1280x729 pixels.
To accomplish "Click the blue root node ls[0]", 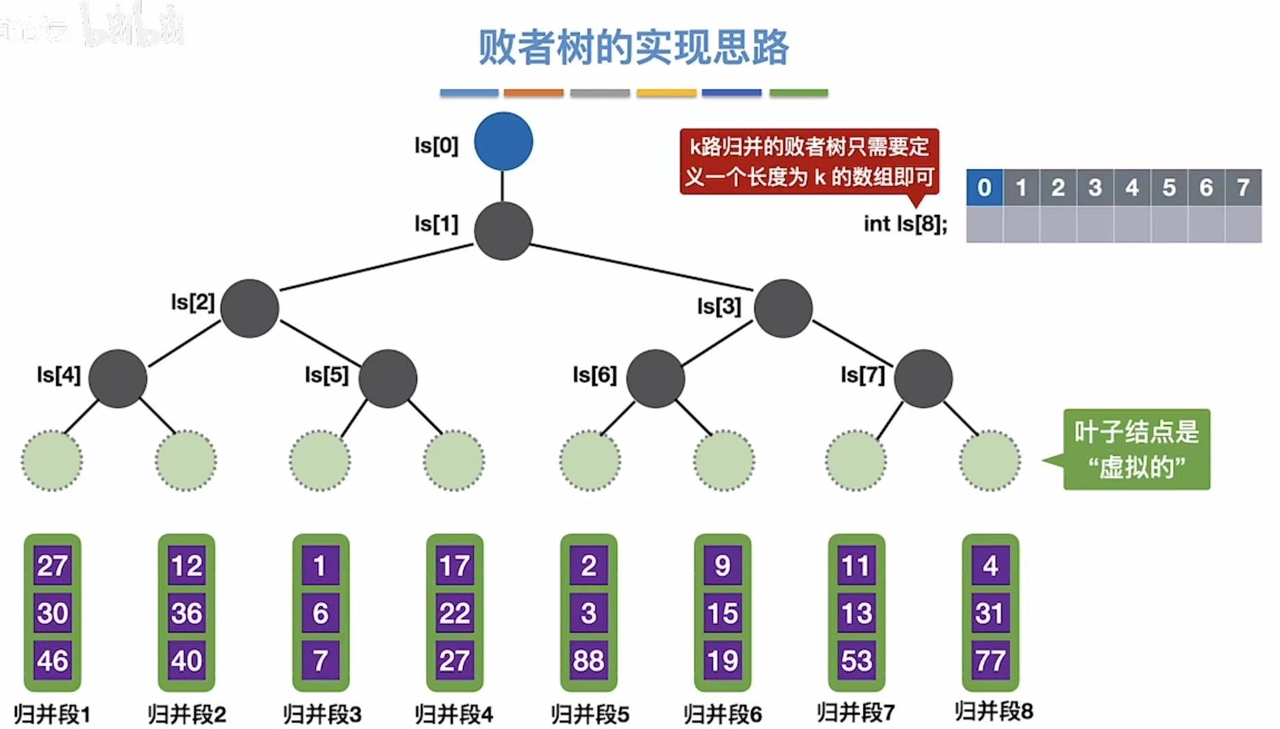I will point(503,141).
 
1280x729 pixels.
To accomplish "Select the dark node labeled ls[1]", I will point(503,231).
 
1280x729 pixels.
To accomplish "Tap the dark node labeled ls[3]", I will point(783,308).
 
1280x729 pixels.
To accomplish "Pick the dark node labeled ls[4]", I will point(118,379).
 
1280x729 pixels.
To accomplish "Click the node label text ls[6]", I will point(594,375).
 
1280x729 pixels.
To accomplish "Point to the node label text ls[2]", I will point(192,302).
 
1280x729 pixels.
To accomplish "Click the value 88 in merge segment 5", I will point(588,661).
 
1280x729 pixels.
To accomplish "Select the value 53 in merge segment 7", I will point(856,661).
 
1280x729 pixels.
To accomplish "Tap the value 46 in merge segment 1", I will point(53,661).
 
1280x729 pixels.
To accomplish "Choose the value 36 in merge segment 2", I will point(186,613).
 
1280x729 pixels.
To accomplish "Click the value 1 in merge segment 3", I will point(320,565).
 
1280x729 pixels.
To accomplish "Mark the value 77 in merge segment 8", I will point(990,661).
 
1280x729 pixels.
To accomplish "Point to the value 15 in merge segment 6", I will point(723,613).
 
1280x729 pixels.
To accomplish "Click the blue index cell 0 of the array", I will point(984,187).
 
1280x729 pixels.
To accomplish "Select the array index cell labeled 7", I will point(1243,187).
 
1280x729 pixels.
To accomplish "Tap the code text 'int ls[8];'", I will point(905,224).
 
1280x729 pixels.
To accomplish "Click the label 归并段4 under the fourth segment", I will point(453,714).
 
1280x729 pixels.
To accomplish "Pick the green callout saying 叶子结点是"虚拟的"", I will point(1136,449).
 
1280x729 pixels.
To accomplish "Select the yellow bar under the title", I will point(666,92).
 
